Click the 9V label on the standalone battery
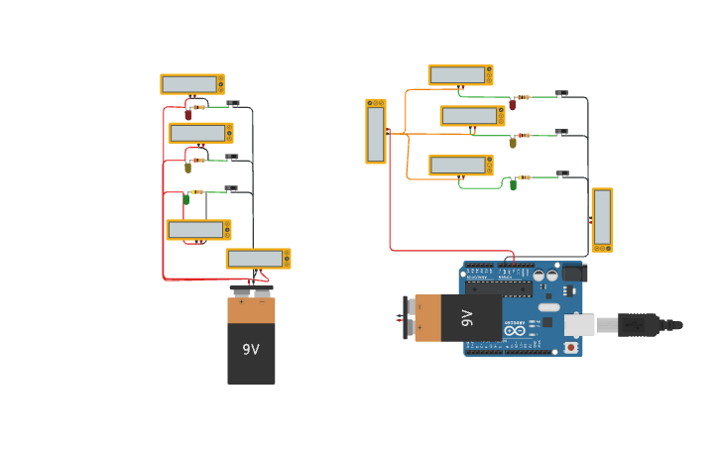pos(251,350)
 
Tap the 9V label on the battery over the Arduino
pos(467,318)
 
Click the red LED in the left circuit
pos(187,114)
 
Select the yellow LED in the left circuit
pos(187,168)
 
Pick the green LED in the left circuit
pos(185,199)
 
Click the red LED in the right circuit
pos(513,104)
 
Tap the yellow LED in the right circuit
pos(513,143)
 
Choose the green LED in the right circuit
pos(513,184)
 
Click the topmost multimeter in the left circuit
pos(192,84)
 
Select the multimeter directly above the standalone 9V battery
pos(258,259)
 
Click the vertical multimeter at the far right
pos(602,219)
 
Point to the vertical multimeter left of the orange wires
pos(376,131)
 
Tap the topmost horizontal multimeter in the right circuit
pos(460,75)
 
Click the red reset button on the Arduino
pos(571,347)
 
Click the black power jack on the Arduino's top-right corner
pos(573,272)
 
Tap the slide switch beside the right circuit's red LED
pos(561,93)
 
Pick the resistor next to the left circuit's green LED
pos(197,192)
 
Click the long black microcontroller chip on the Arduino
pos(501,288)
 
